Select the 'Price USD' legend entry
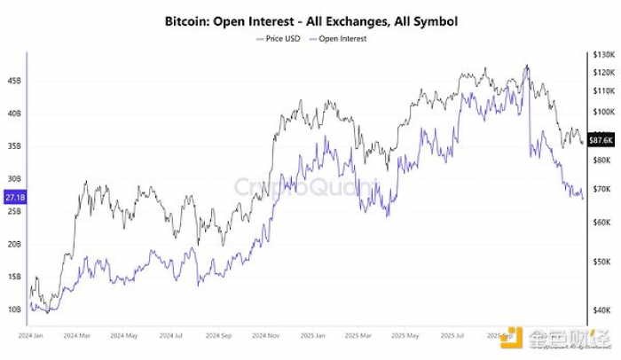(x=282, y=39)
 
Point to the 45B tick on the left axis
(x=13, y=81)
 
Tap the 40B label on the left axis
(x=13, y=113)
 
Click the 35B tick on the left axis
(x=13, y=146)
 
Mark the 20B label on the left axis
(x=13, y=244)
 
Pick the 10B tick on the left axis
(x=13, y=309)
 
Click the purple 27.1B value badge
(x=13, y=198)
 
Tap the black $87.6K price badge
(x=602, y=140)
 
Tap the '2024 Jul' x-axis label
(x=170, y=336)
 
